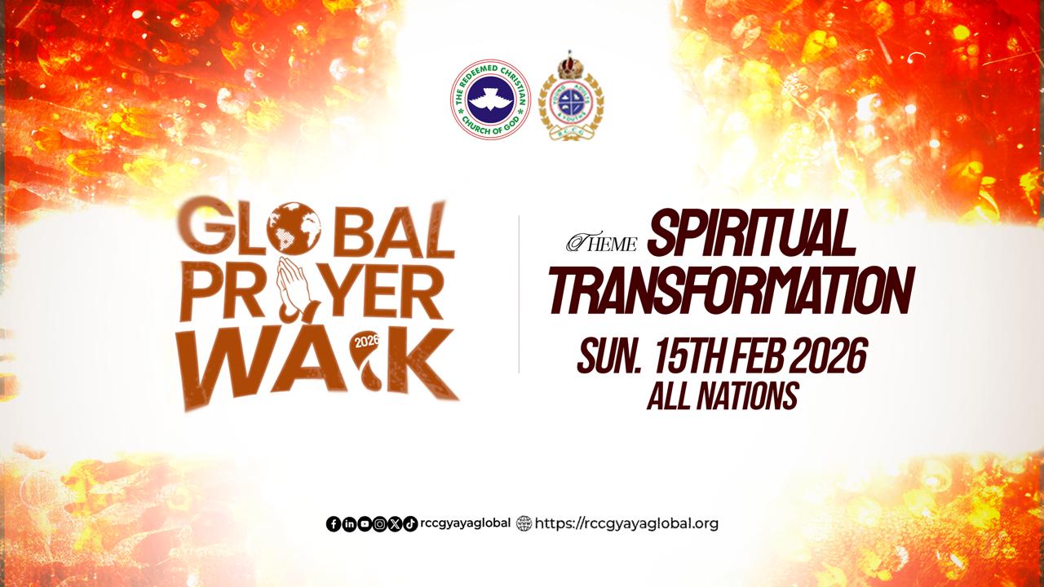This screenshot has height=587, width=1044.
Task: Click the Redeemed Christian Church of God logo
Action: click(490, 99)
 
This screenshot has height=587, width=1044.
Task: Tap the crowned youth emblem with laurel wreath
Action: click(571, 98)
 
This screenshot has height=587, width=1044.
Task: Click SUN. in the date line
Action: click(612, 356)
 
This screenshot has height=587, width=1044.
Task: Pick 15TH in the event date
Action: click(690, 356)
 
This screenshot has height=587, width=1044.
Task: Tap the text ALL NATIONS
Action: click(722, 396)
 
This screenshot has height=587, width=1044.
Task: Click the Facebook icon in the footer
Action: click(334, 524)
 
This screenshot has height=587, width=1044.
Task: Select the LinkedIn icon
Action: click(349, 524)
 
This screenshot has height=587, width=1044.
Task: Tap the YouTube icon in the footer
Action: click(364, 524)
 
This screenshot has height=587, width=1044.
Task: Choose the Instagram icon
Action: click(379, 524)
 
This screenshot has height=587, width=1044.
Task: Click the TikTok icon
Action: click(410, 524)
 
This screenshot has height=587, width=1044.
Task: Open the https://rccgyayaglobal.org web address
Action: click(627, 523)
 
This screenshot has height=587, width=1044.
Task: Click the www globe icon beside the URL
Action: click(524, 523)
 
